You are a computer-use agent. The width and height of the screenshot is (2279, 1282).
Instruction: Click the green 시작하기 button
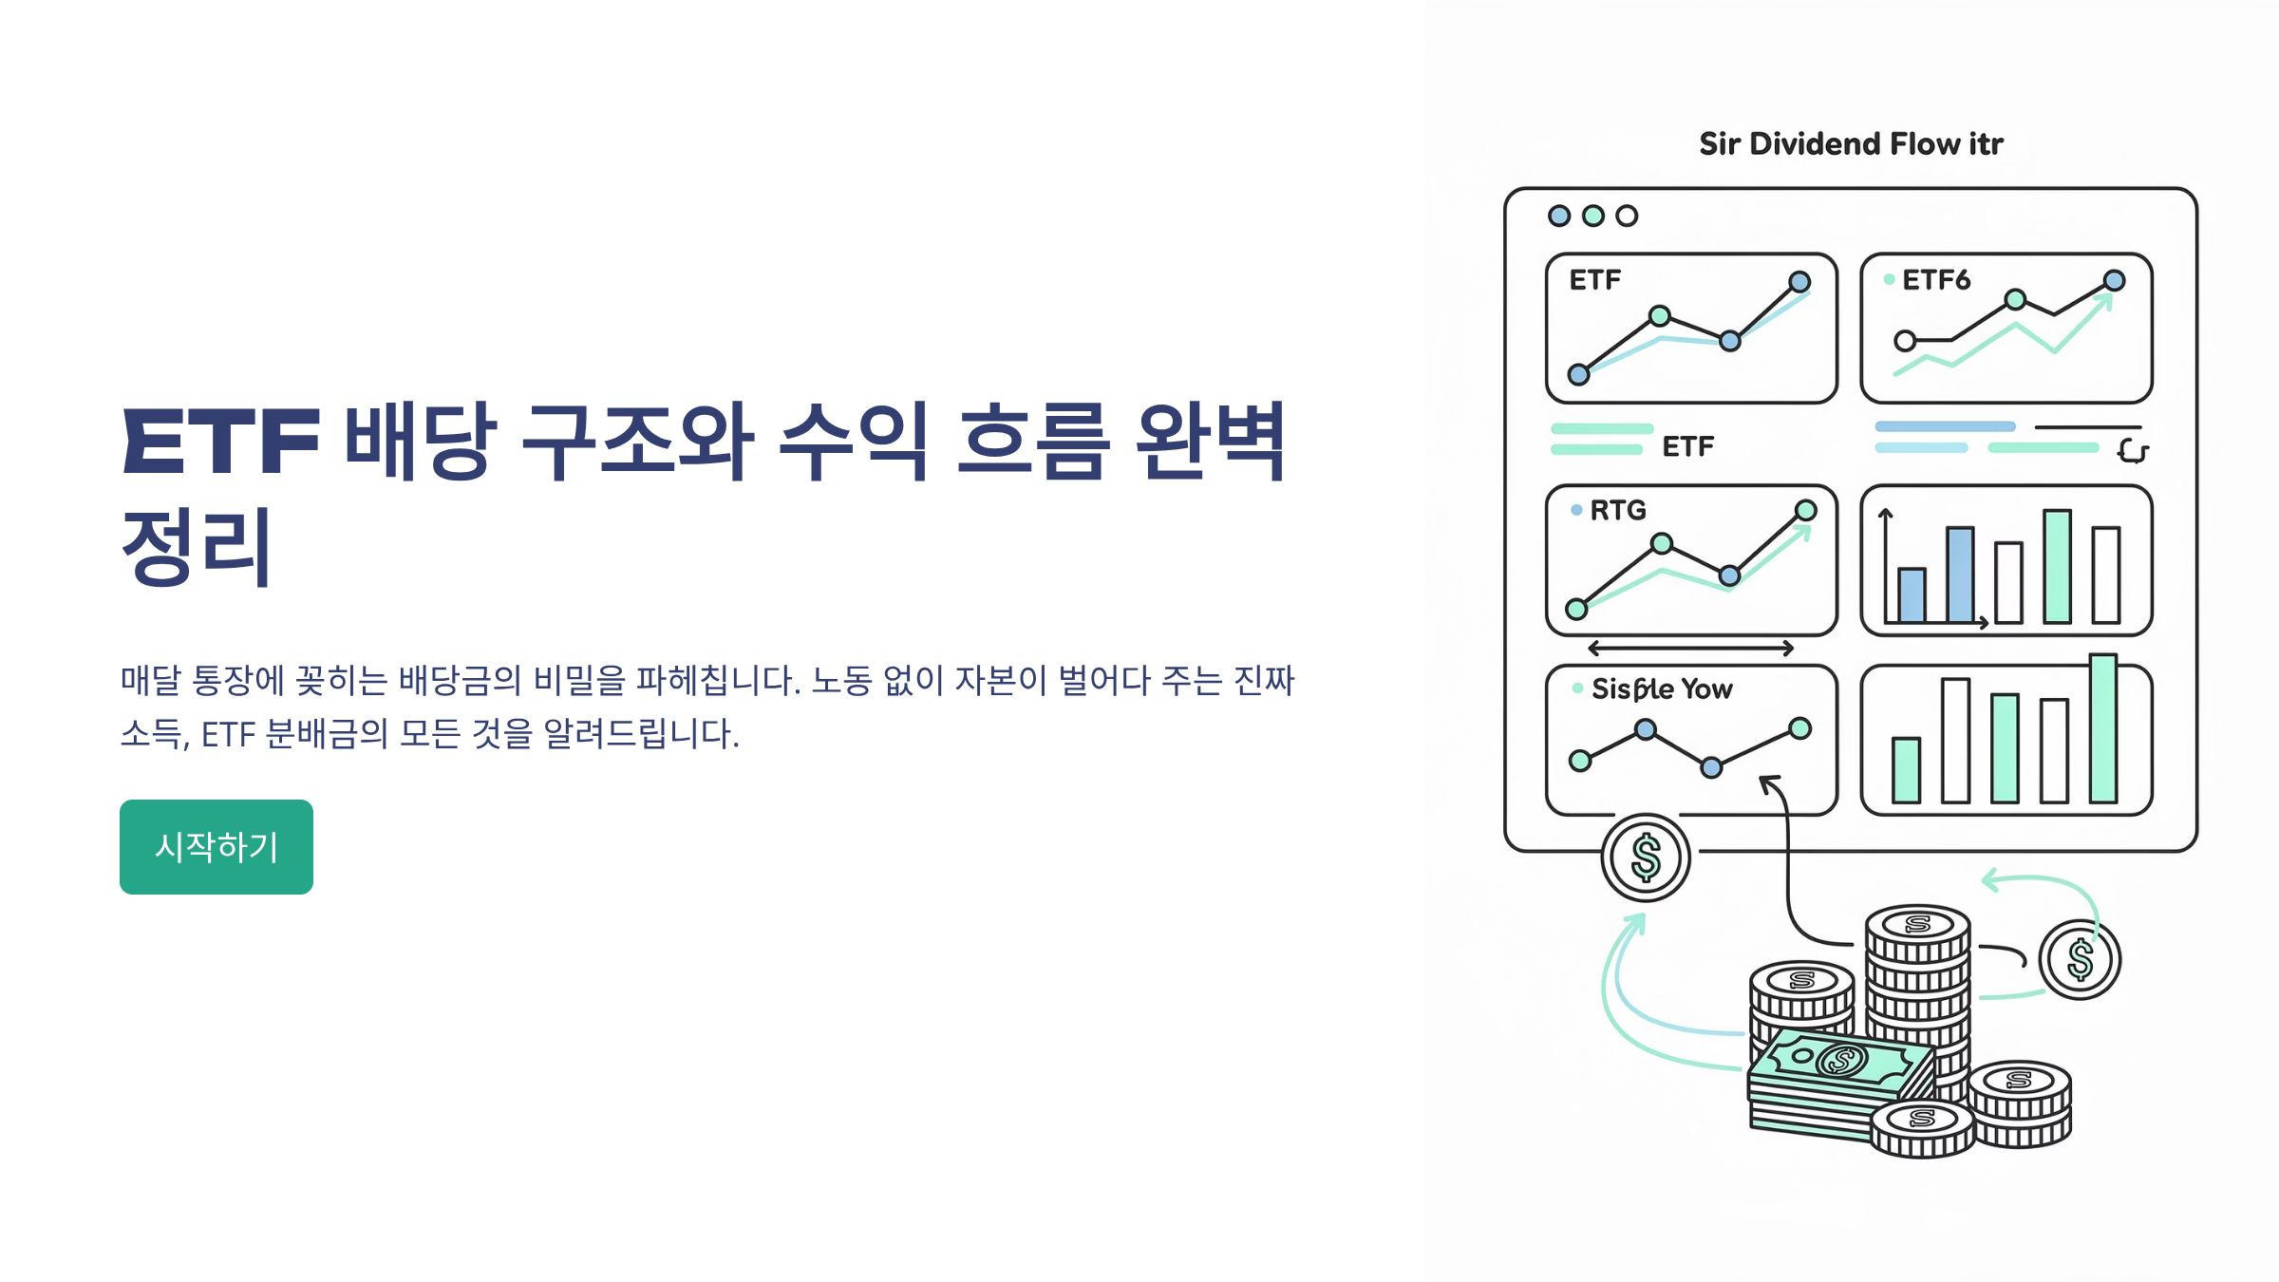[217, 846]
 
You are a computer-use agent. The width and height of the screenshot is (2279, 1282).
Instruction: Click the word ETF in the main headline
[220, 442]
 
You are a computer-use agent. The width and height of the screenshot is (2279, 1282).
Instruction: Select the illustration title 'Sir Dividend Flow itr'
[1850, 143]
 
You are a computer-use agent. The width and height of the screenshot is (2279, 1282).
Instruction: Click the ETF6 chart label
[1935, 280]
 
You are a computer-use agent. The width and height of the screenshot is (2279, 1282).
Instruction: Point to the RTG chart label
[1617, 511]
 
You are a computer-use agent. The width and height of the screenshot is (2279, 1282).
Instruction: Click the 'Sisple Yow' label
[1661, 688]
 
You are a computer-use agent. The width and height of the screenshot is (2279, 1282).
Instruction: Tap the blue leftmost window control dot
[1558, 216]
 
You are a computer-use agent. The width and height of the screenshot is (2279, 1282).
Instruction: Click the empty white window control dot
[1627, 216]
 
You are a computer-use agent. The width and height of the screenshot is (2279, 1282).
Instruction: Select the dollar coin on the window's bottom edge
[1646, 858]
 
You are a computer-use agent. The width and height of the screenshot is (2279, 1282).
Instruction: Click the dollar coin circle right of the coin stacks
[2080, 959]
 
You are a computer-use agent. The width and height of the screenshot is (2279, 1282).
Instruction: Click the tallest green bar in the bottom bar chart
[2102, 729]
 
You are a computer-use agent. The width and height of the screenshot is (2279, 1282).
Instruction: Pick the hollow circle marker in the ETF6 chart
[1904, 340]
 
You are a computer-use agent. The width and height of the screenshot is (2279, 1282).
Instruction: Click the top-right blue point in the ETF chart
[1799, 282]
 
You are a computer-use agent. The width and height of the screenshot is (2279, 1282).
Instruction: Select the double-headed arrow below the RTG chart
[1690, 649]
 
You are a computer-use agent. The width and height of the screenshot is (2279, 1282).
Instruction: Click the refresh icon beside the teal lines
[2132, 451]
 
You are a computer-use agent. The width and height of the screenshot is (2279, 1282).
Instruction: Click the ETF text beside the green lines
[1687, 446]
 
